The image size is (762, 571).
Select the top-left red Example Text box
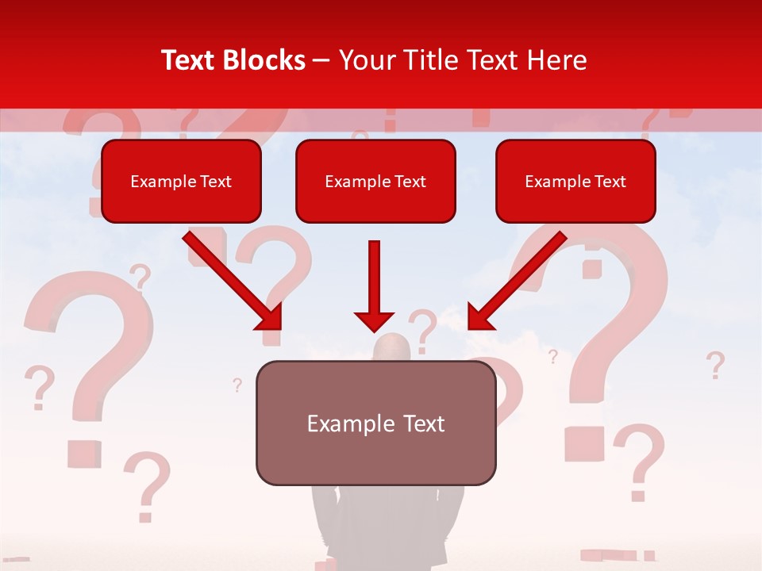[x=181, y=181]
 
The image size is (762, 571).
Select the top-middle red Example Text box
[x=375, y=181]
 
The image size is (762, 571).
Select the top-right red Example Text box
[x=575, y=181]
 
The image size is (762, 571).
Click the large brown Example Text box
[x=375, y=423]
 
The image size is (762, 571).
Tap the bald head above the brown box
[x=392, y=347]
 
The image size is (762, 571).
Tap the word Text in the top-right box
[x=610, y=182]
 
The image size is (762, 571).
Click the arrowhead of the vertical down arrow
[x=374, y=320]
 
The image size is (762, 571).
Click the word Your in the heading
[x=367, y=60]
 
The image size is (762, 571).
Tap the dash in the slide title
[x=321, y=61]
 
